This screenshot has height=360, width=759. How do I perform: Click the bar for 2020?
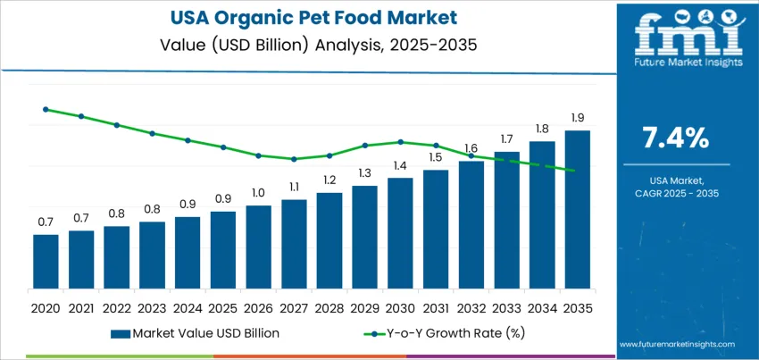point(46,262)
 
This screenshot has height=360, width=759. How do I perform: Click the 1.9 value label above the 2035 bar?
point(577,118)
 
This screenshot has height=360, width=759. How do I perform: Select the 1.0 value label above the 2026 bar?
point(258,193)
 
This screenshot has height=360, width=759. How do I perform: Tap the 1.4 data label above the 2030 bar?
point(400,165)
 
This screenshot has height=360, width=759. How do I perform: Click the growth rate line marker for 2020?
point(46,109)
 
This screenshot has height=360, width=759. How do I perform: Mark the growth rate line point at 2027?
point(294,159)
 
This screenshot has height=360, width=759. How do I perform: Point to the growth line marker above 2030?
point(400,141)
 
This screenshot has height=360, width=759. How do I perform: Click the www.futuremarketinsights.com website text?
point(675,344)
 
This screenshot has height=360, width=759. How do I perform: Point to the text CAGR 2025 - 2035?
point(676,193)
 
